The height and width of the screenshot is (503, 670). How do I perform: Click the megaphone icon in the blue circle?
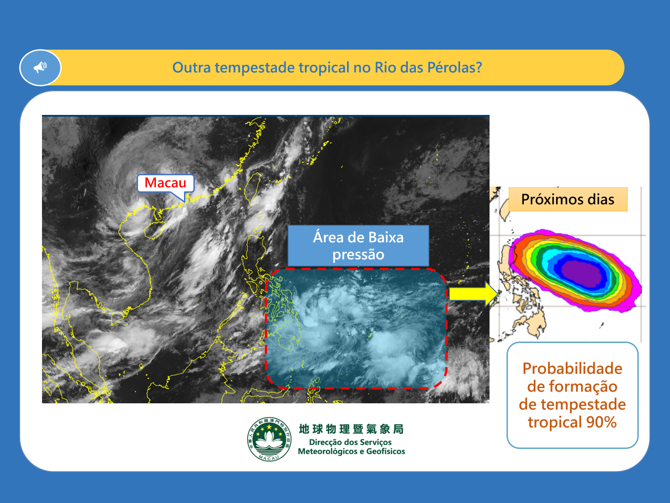[x=40, y=67]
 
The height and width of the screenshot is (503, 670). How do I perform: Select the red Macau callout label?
[x=165, y=183]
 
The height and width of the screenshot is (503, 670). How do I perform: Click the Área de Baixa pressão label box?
[x=358, y=246]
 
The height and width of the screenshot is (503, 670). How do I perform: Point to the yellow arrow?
[x=473, y=294]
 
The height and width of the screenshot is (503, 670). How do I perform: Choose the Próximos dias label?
[x=568, y=199]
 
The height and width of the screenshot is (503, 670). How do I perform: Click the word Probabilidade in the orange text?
[x=572, y=368]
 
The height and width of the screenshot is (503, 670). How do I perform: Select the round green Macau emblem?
[x=269, y=439]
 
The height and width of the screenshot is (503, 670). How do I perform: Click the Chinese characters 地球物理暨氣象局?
[x=352, y=429]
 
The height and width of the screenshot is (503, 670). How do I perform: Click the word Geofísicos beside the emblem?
[x=385, y=452]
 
